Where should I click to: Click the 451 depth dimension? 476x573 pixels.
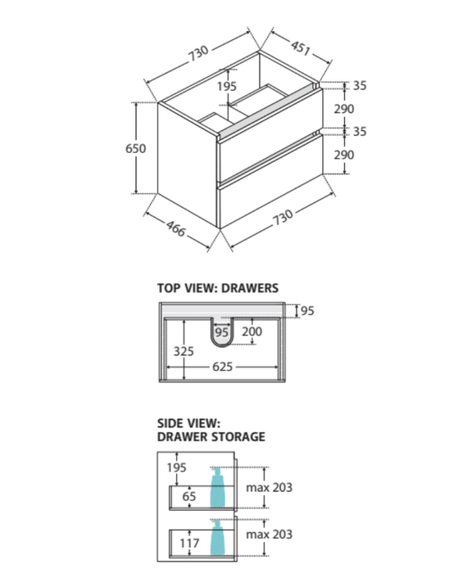pos(301,47)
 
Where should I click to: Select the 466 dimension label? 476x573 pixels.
pos(176,228)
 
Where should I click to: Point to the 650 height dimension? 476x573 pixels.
pos(136,148)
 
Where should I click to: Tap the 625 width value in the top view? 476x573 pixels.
pos(223,367)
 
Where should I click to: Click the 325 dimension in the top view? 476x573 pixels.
pos(184,351)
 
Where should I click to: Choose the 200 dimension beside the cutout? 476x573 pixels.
pos(252,332)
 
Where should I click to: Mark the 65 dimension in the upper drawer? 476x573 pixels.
pos(189,496)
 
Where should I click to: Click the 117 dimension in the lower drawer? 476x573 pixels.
pos(189,543)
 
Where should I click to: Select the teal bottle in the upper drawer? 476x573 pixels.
pos(217,488)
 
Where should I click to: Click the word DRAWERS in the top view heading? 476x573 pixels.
pos(250,288)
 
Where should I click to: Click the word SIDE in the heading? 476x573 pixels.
pos(170,423)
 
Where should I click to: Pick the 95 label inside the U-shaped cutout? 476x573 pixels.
pos(221,332)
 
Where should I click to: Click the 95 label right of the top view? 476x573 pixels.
pos(307,310)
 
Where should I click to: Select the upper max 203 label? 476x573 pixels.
pos(269,488)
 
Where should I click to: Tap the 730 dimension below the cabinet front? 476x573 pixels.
pos(283,218)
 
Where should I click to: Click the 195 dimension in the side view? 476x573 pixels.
pos(177,467)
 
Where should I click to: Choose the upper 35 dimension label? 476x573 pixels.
pos(360,85)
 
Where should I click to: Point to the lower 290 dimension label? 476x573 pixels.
pos(344,155)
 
